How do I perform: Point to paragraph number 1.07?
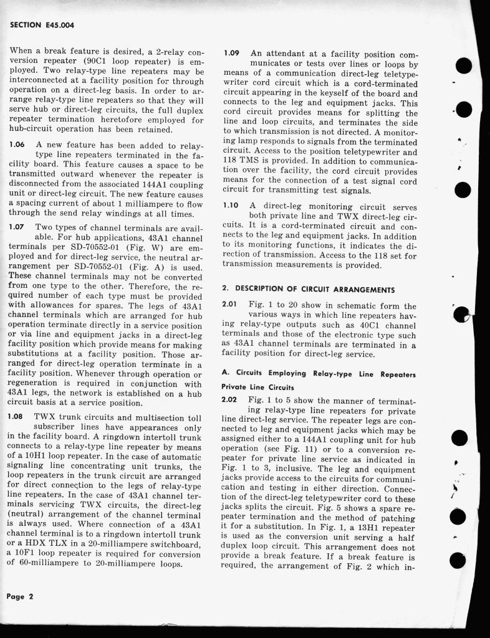[16, 228]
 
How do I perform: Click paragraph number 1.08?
[16, 416]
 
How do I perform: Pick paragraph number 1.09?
[231, 54]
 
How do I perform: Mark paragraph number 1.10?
[231, 206]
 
